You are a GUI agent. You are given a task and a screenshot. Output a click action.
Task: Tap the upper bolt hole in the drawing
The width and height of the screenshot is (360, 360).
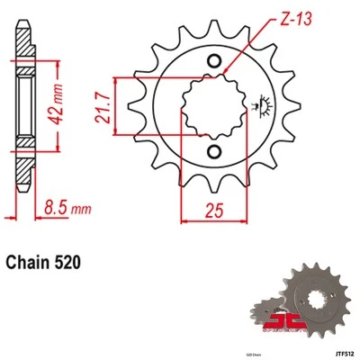click(x=214, y=61)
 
